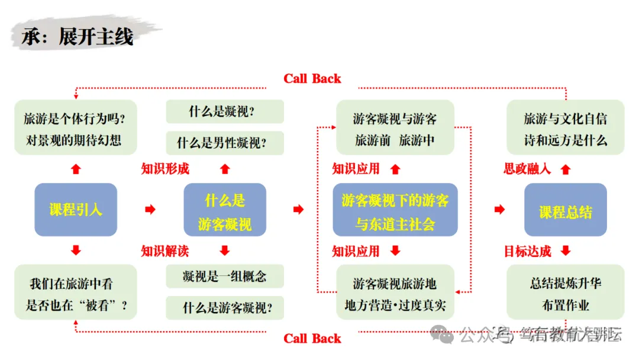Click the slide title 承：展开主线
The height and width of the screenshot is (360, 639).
(78, 37)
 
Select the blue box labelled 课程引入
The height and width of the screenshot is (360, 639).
(76, 210)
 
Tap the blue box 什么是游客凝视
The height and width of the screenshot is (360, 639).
(225, 212)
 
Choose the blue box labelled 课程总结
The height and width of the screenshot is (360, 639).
(565, 212)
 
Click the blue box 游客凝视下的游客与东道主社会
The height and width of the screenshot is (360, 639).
(395, 212)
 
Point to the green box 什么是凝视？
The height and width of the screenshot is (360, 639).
(225, 111)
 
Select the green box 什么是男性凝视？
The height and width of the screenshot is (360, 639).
(225, 143)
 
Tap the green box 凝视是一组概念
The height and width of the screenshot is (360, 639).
(225, 276)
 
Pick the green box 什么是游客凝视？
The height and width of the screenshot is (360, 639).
(225, 307)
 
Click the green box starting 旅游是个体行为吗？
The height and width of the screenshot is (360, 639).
(76, 128)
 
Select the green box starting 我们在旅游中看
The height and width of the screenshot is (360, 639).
(76, 294)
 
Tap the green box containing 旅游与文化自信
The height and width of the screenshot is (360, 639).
(565, 128)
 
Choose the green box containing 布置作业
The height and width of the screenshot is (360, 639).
(565, 294)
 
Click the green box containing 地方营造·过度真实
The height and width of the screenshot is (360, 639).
(395, 294)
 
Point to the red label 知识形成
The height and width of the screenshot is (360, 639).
(165, 169)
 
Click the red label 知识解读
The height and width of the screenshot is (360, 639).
(165, 251)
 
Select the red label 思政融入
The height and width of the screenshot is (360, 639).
(527, 169)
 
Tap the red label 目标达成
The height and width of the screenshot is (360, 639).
(527, 251)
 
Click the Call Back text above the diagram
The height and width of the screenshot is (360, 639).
(312, 79)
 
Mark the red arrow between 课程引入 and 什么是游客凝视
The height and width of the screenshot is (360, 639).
(150, 210)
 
